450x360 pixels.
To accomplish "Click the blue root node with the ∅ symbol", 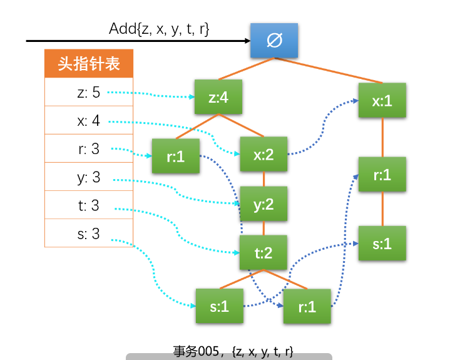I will click(274, 41).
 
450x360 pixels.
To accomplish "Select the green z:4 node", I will click(218, 98).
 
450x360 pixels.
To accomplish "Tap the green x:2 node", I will click(263, 154).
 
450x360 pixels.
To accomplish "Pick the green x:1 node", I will click(382, 100).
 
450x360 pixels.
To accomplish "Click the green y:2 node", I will click(263, 204).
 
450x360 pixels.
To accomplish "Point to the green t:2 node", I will click(263, 253).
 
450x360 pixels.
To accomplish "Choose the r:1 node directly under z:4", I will click(175, 156).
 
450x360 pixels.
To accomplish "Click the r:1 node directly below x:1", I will click(382, 175).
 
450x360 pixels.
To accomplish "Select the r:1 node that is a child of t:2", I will click(307, 306).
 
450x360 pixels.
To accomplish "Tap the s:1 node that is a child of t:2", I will click(218, 306).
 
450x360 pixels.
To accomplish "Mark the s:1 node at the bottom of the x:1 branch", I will click(382, 244).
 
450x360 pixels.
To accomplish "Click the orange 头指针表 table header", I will click(89, 64).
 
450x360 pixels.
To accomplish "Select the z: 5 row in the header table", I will click(89, 93).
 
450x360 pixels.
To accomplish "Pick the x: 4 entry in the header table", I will click(89, 120).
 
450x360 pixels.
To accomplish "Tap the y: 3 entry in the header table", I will click(89, 177).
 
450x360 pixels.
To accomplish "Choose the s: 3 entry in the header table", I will click(89, 234).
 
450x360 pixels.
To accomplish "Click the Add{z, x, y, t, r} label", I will click(159, 28).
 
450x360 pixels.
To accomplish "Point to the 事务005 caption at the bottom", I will click(233, 351).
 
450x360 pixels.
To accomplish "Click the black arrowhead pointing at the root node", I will click(245, 41).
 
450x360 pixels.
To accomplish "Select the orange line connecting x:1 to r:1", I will click(382, 138).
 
